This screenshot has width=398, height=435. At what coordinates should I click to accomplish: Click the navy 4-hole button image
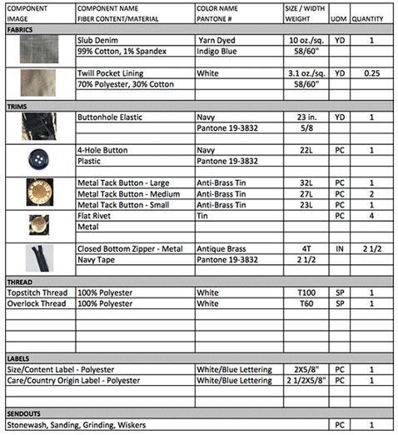tap(37, 156)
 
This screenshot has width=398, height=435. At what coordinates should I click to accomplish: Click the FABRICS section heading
tap(20, 28)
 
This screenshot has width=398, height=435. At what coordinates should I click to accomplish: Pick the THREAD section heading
tap(19, 282)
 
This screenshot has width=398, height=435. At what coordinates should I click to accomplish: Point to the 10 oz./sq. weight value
tap(305, 40)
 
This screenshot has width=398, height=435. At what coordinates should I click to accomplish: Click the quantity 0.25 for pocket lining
tap(370, 72)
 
